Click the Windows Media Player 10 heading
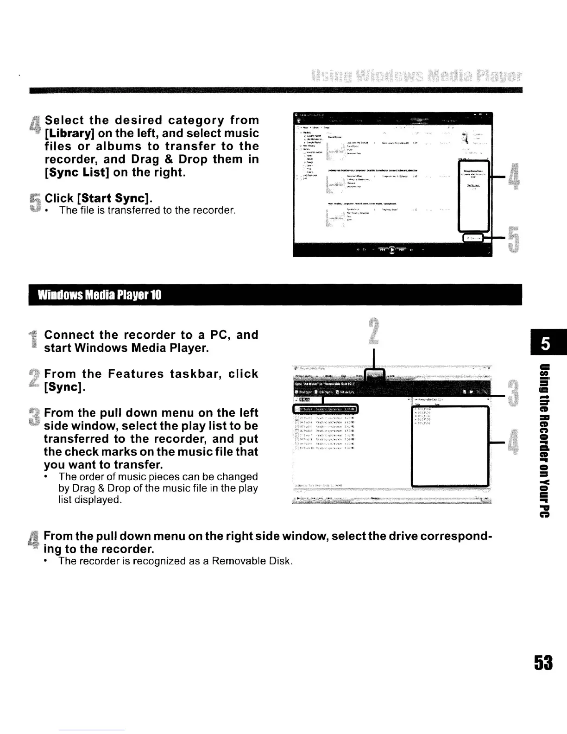[100, 295]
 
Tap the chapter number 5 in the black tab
[546, 345]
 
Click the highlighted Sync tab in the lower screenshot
[375, 375]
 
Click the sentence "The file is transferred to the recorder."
[147, 210]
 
